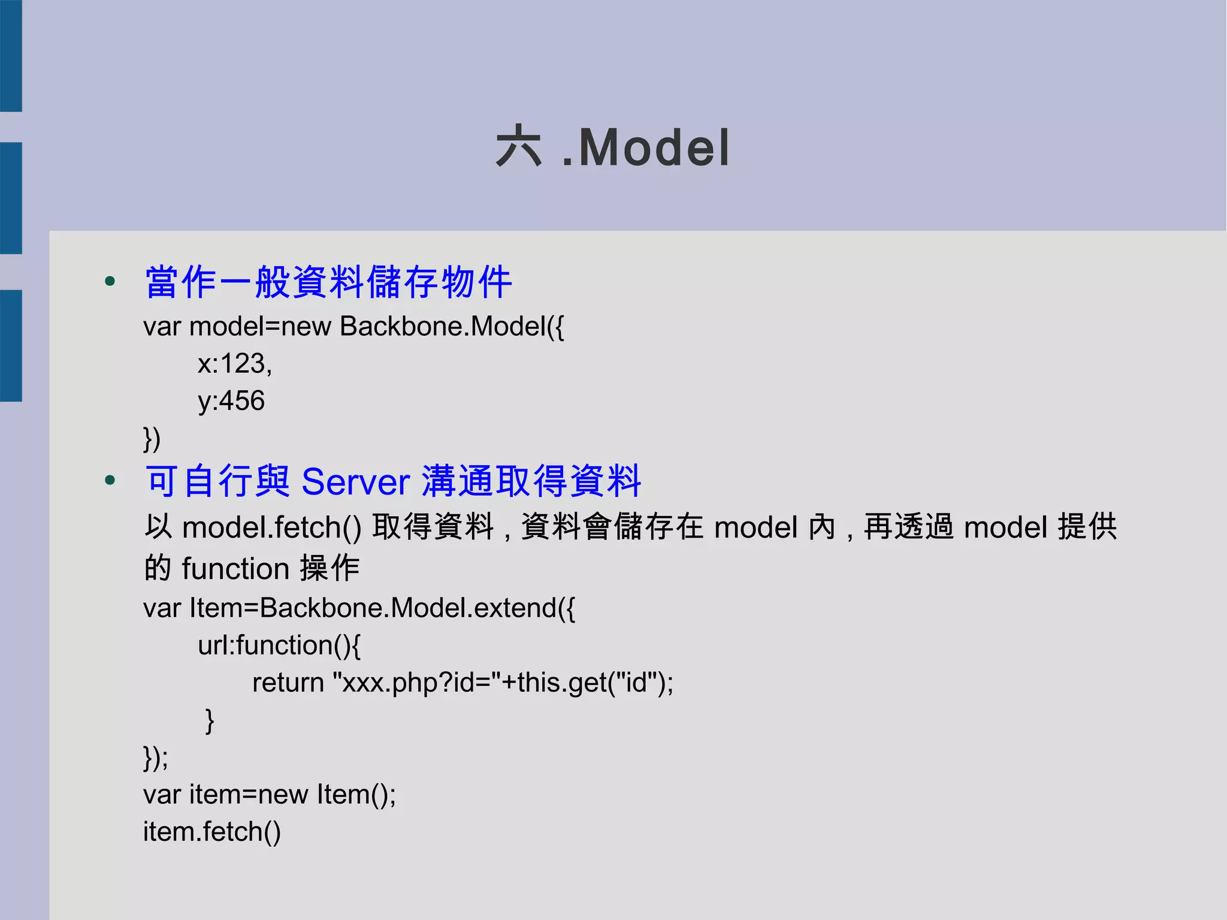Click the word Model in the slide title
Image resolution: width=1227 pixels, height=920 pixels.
point(654,148)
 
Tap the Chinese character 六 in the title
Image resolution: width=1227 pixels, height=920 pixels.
point(519,147)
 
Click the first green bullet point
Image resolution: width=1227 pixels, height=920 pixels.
point(110,281)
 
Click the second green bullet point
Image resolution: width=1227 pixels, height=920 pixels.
point(110,480)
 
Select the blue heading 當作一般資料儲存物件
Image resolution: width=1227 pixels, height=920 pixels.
point(328,282)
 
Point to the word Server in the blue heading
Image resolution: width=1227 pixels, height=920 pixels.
point(355,481)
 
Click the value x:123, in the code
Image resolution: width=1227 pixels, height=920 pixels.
point(235,363)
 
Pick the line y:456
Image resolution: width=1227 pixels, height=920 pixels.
point(231,400)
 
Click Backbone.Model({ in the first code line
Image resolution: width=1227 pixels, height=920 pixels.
point(452,327)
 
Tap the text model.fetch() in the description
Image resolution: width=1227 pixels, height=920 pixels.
point(271,527)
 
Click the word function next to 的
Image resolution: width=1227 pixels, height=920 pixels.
point(235,568)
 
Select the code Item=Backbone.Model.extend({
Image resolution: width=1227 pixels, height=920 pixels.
point(382,608)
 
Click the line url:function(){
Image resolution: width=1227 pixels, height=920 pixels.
point(279,645)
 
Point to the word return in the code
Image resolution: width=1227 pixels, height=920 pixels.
point(288,683)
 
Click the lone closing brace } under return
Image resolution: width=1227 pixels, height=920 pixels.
point(209,720)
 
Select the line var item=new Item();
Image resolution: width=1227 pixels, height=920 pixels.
point(269,795)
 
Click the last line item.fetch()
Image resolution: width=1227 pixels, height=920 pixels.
point(211,832)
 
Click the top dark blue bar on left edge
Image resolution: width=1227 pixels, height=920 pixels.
point(11,56)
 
